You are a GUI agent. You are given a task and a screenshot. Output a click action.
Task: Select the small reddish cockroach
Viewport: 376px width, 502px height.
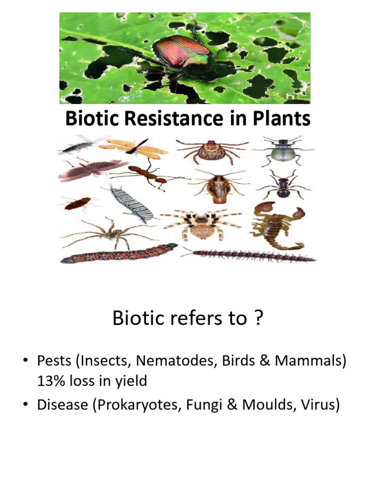pyautogui.click(x=77, y=202)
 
